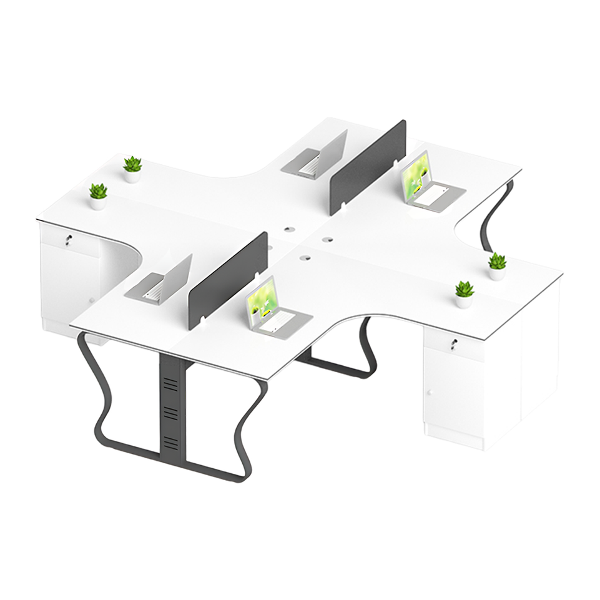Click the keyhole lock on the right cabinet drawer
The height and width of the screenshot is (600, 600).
(x=454, y=343)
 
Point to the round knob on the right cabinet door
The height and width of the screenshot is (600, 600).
(x=430, y=393)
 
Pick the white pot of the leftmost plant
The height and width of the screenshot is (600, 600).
(x=97, y=203)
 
